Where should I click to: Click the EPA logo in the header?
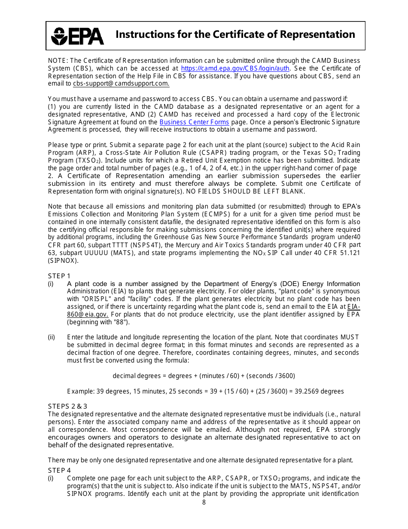[x=77, y=36]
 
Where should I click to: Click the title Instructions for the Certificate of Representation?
[x=235, y=35]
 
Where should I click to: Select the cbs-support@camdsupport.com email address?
[x=121, y=84]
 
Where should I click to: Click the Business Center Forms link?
[x=194, y=122]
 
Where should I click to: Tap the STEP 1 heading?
[x=59, y=276]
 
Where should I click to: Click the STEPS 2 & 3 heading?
[x=67, y=406]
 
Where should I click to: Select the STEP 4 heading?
[x=59, y=471]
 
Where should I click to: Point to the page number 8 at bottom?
[x=204, y=502]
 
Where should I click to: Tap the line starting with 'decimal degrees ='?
[x=204, y=376]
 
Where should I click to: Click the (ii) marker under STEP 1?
[x=51, y=337]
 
